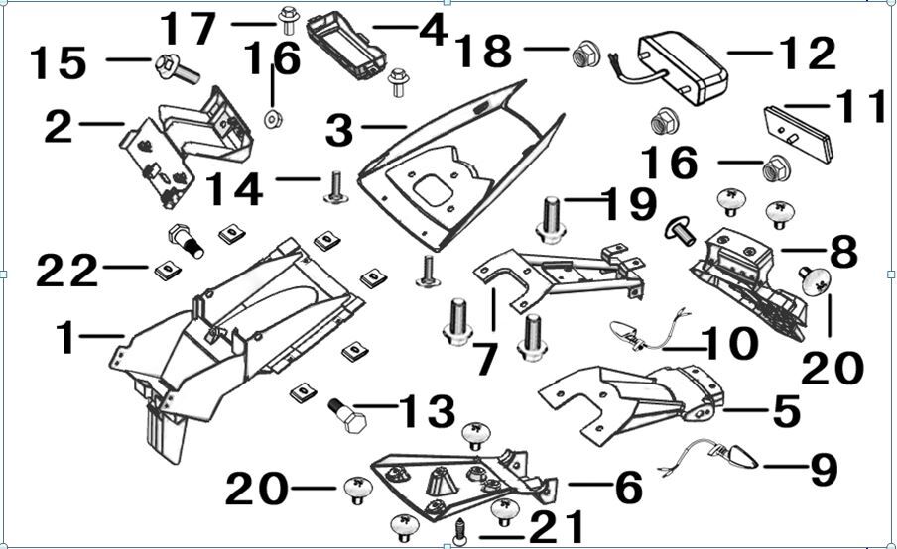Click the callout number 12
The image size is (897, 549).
(x=807, y=55)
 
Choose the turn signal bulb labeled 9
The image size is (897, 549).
(x=739, y=457)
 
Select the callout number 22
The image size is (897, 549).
(x=67, y=269)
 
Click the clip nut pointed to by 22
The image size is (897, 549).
(x=167, y=270)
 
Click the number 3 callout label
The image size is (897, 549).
(x=340, y=128)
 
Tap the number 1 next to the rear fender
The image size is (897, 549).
(x=65, y=338)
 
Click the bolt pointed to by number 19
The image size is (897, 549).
(x=552, y=220)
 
